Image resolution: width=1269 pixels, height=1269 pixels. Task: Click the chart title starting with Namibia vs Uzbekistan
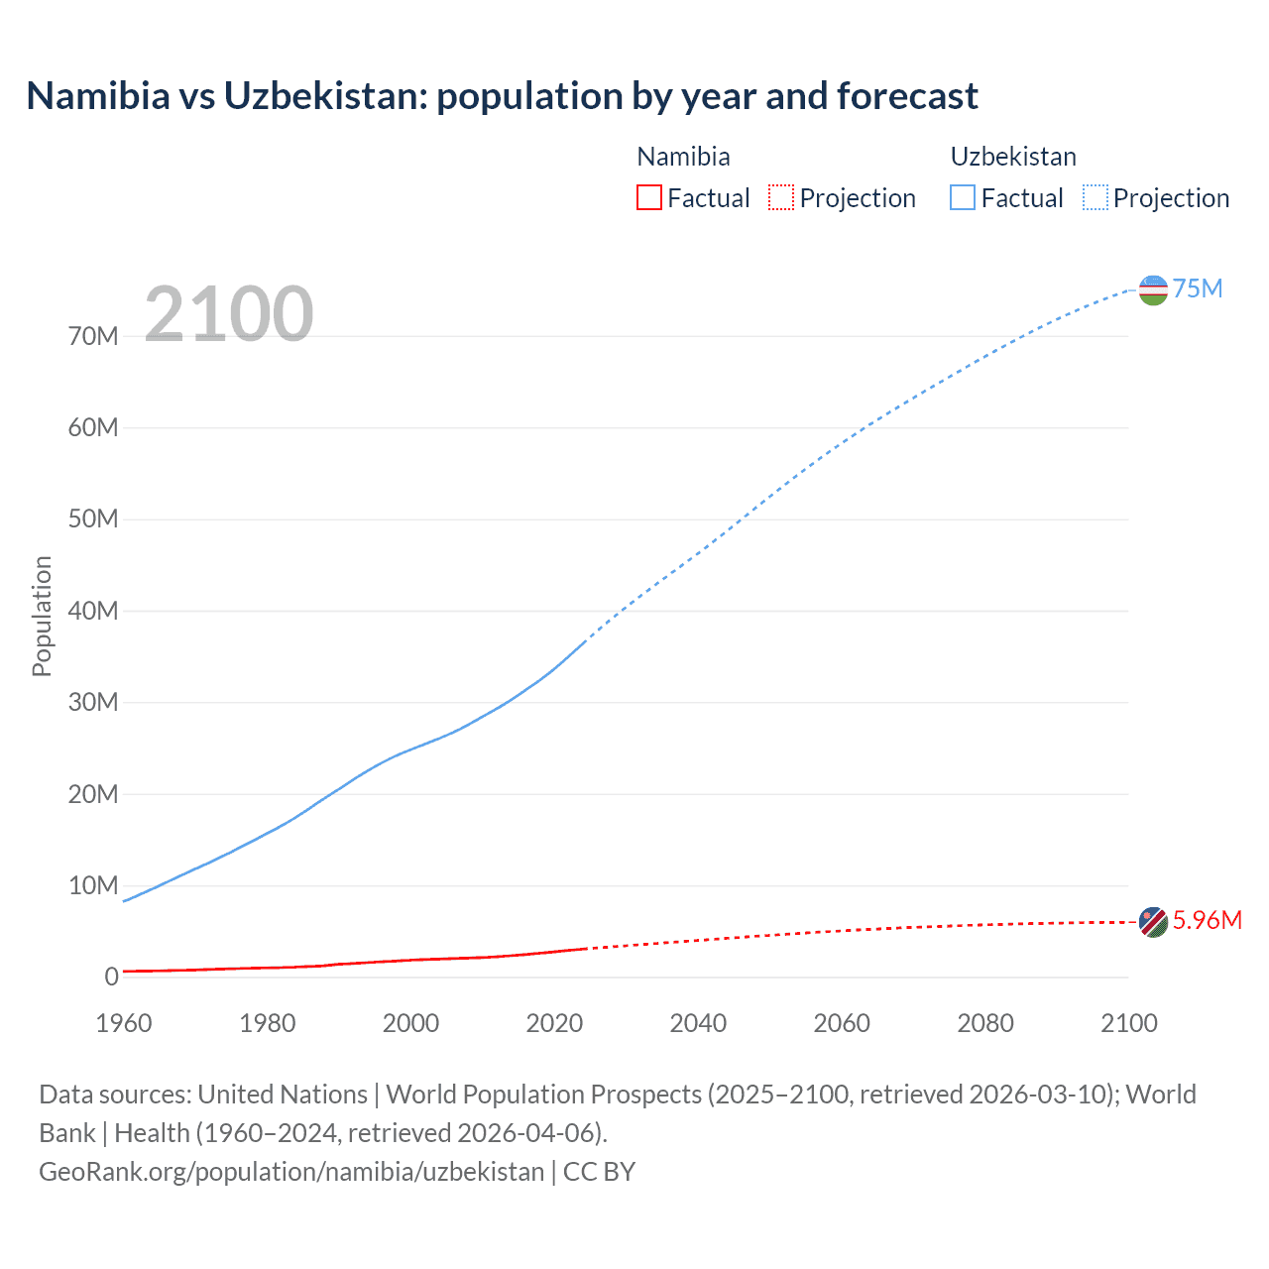(x=502, y=96)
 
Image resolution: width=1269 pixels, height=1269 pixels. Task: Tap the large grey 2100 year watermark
(x=229, y=314)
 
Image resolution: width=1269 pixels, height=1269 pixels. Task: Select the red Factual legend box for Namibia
(x=649, y=198)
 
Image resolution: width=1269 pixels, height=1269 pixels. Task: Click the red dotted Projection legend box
(x=781, y=198)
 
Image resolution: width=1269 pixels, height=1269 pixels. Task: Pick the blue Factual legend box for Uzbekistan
(x=963, y=198)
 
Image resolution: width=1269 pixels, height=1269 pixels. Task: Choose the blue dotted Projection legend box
(x=1096, y=198)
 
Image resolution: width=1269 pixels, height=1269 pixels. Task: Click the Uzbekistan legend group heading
(x=1013, y=157)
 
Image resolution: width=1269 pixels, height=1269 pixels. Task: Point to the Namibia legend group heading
(x=683, y=157)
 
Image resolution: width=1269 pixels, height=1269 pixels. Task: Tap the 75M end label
(x=1198, y=288)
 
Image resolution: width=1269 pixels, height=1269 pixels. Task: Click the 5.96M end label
(x=1207, y=921)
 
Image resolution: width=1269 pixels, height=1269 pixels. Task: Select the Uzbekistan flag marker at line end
(x=1153, y=290)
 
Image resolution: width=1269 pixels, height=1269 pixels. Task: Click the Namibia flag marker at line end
(x=1153, y=922)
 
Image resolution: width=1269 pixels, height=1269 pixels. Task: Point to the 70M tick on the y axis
(x=93, y=337)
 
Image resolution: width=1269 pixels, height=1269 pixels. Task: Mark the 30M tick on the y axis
(x=93, y=703)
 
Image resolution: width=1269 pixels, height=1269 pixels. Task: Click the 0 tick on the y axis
(x=111, y=978)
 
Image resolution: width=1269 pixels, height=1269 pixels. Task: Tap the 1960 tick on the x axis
(x=124, y=1023)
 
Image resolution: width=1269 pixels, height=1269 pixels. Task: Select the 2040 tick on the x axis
(x=698, y=1023)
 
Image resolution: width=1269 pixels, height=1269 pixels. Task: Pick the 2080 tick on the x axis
(x=985, y=1023)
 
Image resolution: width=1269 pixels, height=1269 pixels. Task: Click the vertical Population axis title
(x=42, y=616)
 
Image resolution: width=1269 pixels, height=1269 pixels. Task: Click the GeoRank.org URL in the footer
(x=291, y=1172)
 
